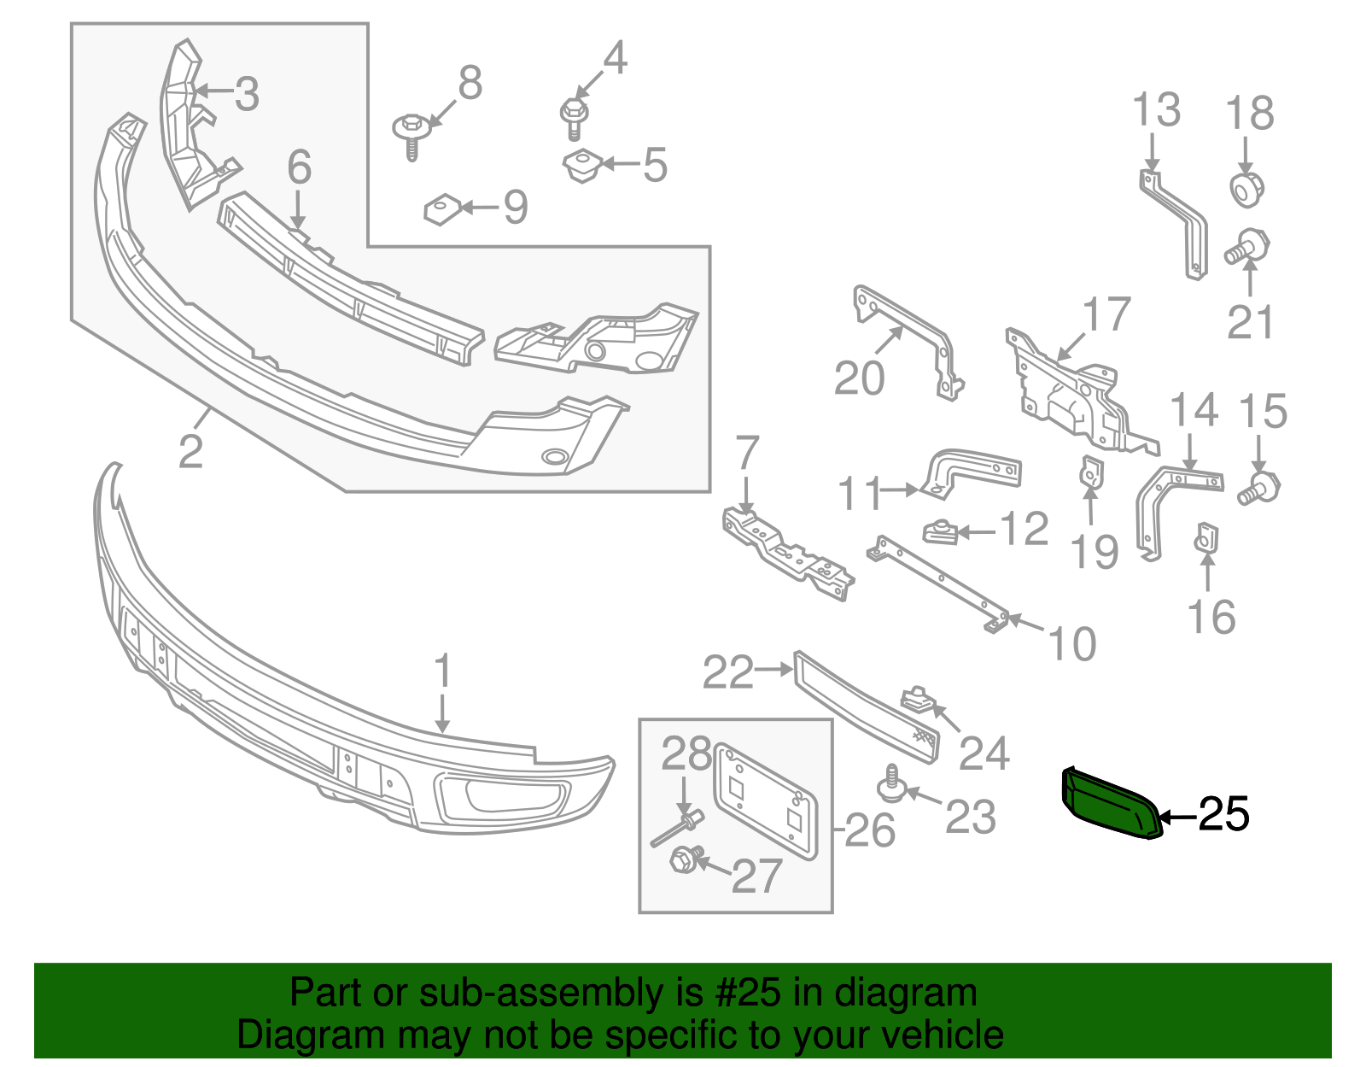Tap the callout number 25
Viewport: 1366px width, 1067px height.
[x=1223, y=815]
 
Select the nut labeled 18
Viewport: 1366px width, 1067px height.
[x=1246, y=189]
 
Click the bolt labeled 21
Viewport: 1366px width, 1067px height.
[x=1249, y=247]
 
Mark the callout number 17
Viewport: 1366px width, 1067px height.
[x=1106, y=315]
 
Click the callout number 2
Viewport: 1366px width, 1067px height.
[x=190, y=451]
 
